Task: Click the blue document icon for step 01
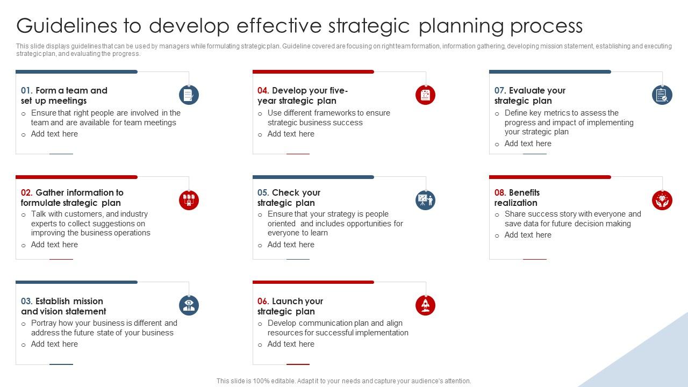(x=189, y=95)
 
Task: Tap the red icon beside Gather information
(x=189, y=200)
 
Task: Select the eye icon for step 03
(x=189, y=305)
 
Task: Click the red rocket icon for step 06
(x=425, y=305)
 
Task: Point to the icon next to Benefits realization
(x=662, y=200)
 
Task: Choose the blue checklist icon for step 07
(x=662, y=95)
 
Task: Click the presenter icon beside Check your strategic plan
(x=425, y=200)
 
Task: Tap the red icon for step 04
(x=425, y=95)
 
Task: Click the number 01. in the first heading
(x=27, y=91)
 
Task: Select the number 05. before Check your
(x=263, y=192)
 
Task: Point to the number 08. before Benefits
(x=500, y=192)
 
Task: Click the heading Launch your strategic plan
(x=290, y=306)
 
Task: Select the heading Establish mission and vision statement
(x=63, y=306)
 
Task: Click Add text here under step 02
(x=54, y=245)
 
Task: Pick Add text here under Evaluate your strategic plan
(x=528, y=144)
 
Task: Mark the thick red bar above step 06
(x=313, y=282)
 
